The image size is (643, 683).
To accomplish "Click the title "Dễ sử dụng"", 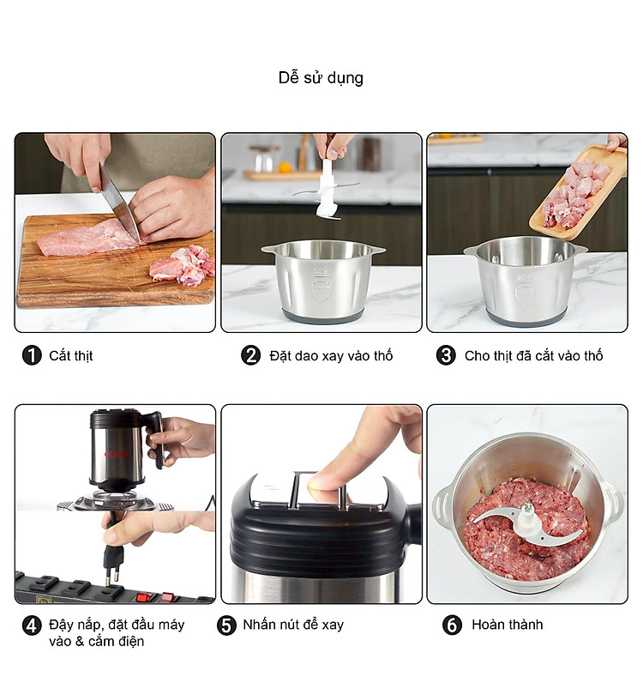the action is coord(321,78).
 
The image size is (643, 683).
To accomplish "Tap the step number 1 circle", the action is coord(32,355).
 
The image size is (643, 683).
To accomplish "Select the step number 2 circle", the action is coord(250,355).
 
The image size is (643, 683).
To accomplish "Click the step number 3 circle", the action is coord(446,355).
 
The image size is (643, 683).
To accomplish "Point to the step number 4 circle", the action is coord(32,626).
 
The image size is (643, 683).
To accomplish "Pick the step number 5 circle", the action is coord(226,626).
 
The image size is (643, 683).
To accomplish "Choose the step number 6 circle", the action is coord(452,626).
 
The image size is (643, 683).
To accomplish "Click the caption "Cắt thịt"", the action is coord(71,356).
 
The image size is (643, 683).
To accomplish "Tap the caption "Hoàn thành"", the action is coord(508,625).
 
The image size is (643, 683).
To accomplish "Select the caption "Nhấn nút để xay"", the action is coord(293,625).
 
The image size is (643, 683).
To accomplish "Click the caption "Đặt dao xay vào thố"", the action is coord(331,356).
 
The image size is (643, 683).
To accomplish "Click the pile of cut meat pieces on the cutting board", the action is coord(183,266).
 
